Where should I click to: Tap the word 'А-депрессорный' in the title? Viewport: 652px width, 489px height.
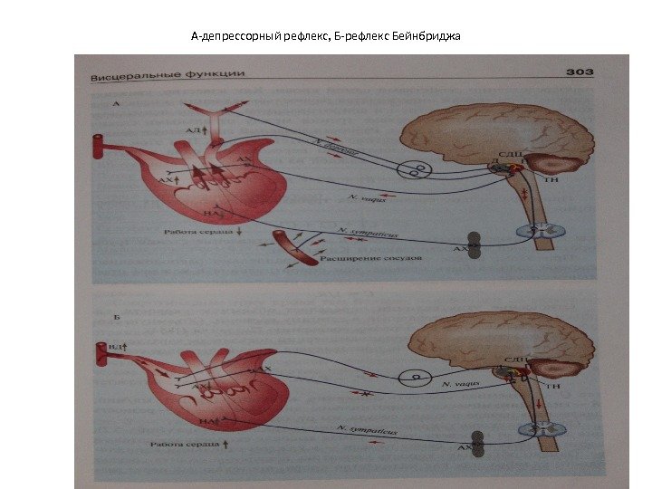232,37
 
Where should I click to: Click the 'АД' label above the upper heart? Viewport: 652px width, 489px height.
193,132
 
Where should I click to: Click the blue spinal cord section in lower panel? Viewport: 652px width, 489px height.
539,436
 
